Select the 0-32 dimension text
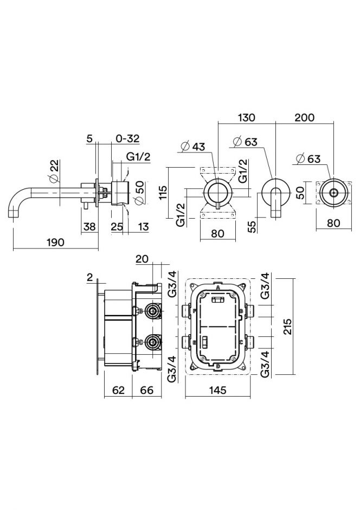point(128,139)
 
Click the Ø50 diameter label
point(139,193)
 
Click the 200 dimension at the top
point(305,118)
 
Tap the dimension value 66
point(147,390)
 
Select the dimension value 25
point(117,226)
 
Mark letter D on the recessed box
point(218,366)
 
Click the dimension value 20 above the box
point(143,259)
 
